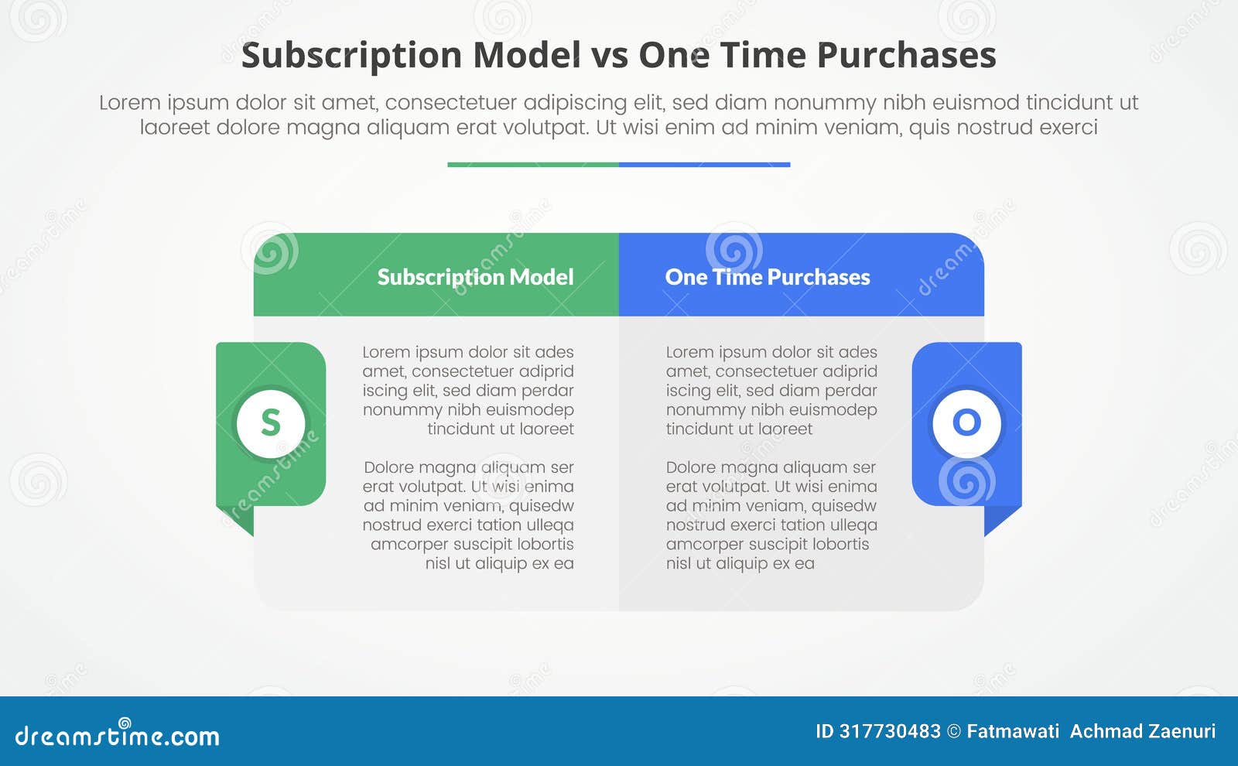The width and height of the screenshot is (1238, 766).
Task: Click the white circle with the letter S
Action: point(271,423)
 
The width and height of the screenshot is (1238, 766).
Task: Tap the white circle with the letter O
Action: point(966,423)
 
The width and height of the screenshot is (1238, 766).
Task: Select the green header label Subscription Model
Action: point(475,277)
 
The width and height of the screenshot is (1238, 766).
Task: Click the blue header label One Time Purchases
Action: point(767,277)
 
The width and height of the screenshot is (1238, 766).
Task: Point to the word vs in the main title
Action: point(609,56)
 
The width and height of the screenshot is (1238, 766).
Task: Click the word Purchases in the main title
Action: point(906,56)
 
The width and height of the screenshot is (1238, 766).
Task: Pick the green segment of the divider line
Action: point(533,165)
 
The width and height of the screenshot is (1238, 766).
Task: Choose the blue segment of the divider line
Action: point(704,165)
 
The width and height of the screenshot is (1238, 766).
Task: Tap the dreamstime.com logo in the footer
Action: point(118,734)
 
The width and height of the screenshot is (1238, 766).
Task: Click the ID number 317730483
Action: point(890,731)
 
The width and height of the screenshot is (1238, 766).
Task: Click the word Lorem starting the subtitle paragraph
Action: point(129,103)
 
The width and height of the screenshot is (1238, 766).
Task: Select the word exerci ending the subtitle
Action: point(1069,127)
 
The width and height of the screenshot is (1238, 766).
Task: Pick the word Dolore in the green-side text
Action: point(391,467)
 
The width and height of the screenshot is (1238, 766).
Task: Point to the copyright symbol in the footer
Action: point(954,731)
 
